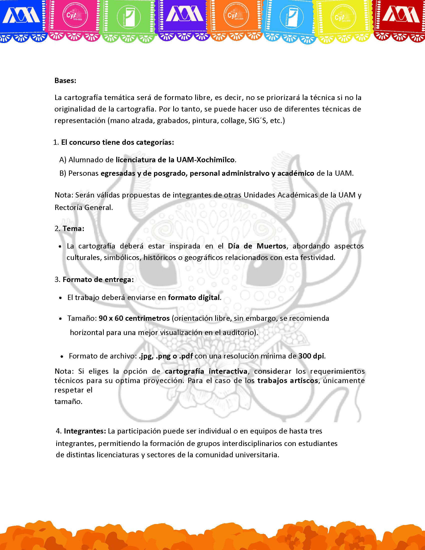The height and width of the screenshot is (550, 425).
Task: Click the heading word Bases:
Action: pos(65,81)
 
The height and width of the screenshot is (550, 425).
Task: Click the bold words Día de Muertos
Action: pos(257,246)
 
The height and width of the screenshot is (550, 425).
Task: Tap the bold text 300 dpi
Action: pos(311,356)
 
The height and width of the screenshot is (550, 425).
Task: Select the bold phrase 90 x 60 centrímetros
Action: pos(134,318)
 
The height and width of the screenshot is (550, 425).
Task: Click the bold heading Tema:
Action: pos(73,229)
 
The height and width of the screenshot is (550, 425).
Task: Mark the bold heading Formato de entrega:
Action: pos(98,279)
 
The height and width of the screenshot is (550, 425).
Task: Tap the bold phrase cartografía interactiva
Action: pos(206,371)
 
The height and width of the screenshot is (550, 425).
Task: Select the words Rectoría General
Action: pos(83,207)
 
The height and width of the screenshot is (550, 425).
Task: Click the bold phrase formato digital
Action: pos(194,298)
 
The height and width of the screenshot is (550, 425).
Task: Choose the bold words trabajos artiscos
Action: pos(287,380)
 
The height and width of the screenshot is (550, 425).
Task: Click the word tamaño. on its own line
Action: pos(68,401)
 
